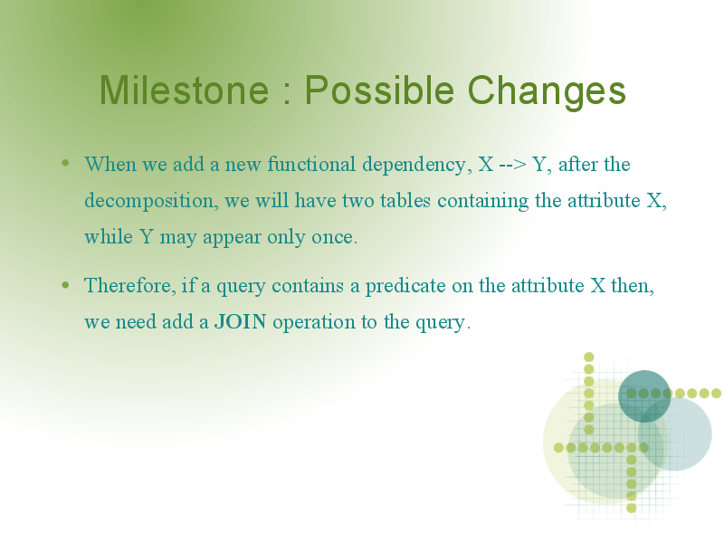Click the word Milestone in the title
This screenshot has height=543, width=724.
pos(184,90)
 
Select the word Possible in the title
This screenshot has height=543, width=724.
pos(379,90)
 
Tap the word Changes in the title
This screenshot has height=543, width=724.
pos(547,91)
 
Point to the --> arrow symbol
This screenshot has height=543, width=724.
pos(513,165)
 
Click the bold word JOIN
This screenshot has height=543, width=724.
pos(240,322)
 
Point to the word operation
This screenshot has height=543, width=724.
pos(313,322)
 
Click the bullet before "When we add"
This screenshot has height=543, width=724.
pos(65,163)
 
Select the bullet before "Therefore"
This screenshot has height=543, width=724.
pos(65,285)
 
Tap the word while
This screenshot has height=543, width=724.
pos(109,236)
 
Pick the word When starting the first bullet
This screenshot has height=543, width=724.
pos(110,164)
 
